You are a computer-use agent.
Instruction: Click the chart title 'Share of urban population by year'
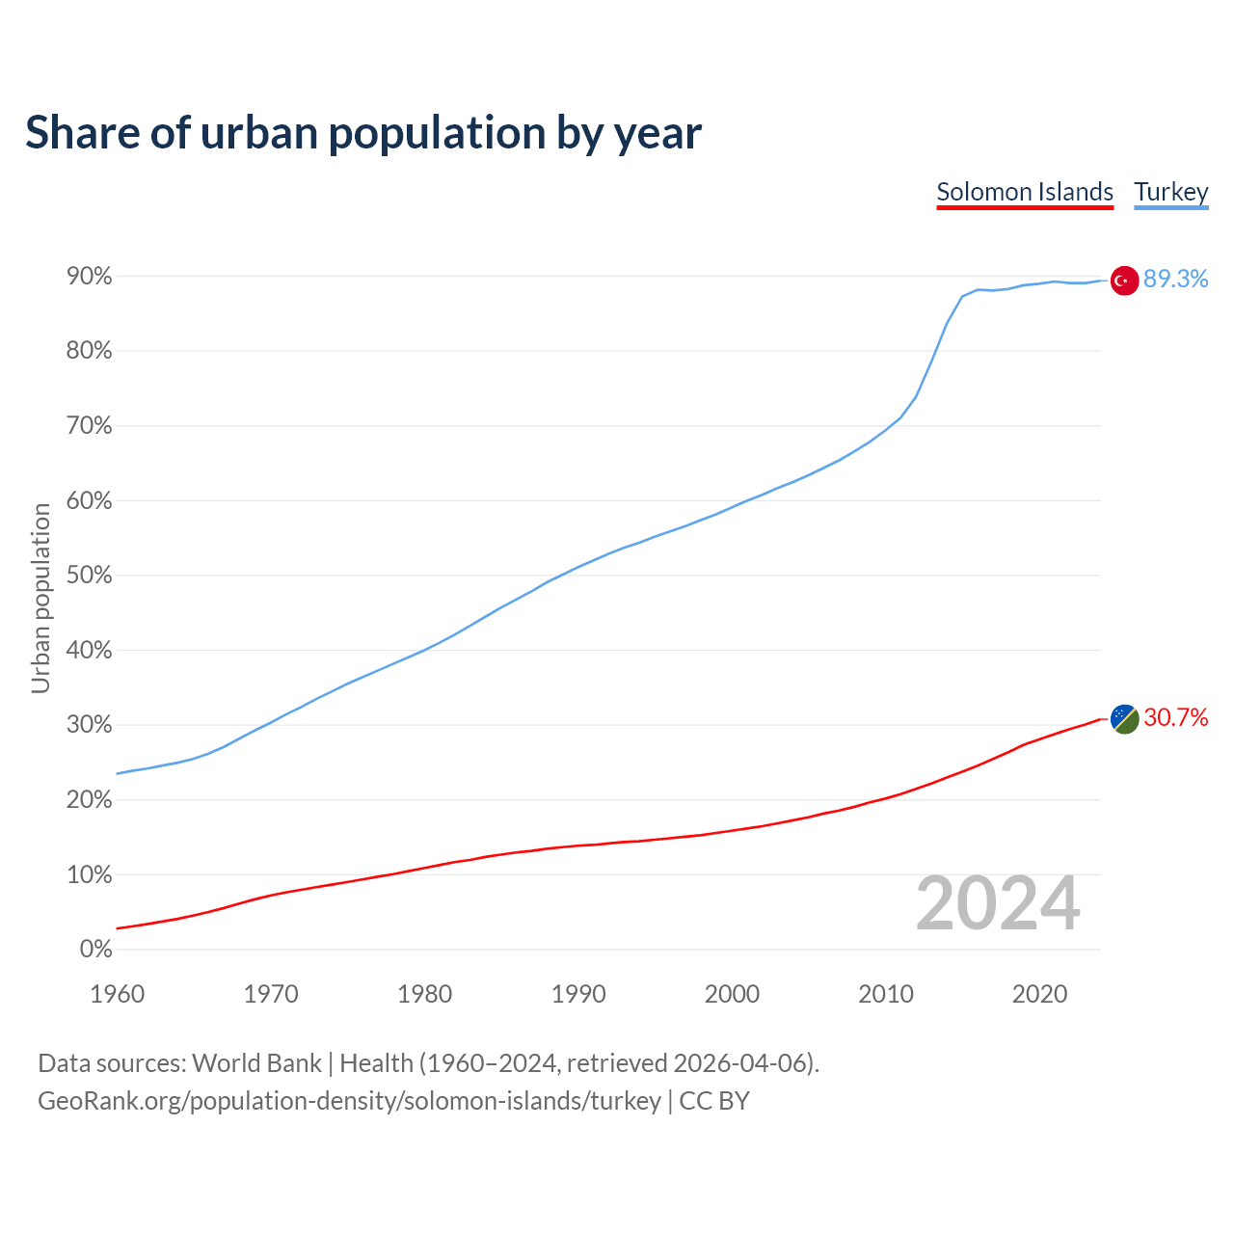(363, 133)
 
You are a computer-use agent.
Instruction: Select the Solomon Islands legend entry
(1025, 192)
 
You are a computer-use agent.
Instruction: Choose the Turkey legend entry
(1170, 192)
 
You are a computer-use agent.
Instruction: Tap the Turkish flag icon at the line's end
(1124, 281)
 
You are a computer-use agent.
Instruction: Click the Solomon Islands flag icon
(1124, 719)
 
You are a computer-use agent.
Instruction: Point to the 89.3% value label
(1175, 279)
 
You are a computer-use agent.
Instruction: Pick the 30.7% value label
(1175, 717)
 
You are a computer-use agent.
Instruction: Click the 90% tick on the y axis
(90, 277)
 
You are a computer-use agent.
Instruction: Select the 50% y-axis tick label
(90, 576)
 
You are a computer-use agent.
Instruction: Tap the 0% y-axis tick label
(95, 950)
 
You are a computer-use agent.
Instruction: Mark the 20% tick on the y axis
(90, 800)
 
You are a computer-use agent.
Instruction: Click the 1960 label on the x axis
(117, 994)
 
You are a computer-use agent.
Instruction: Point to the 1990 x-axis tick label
(578, 994)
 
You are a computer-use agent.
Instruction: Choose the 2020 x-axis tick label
(1039, 994)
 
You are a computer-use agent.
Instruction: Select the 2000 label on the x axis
(732, 994)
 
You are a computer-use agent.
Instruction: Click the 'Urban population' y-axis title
(40, 598)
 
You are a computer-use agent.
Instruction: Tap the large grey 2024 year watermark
(998, 903)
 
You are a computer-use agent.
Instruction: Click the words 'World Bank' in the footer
(256, 1063)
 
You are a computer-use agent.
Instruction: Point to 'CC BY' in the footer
(714, 1101)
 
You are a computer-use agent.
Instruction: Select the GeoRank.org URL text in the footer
(349, 1101)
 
